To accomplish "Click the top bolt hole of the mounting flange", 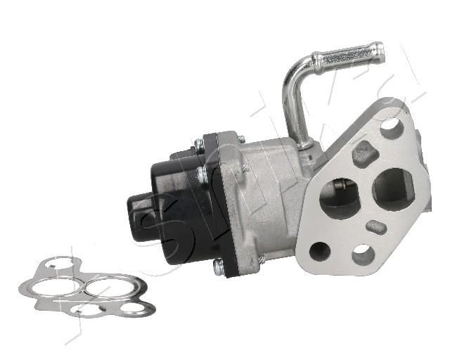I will tap(390, 128).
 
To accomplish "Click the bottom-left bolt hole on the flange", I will tap(320, 251).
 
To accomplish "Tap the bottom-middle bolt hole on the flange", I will tap(363, 255).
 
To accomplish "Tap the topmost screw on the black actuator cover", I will tap(199, 143).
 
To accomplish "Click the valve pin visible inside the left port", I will tap(339, 186).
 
